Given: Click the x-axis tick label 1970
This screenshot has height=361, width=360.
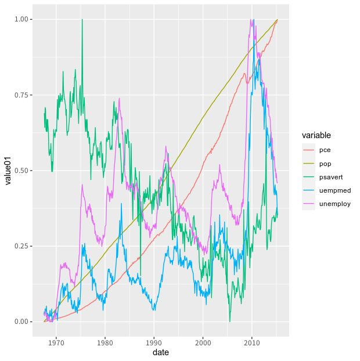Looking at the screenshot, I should [56, 342].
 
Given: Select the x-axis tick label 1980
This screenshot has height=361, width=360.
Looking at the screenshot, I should [105, 342].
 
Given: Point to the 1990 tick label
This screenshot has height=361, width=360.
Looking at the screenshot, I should [154, 342].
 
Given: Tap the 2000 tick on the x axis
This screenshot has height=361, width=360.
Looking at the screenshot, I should [203, 342].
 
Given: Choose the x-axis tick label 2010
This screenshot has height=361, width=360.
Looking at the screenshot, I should [252, 342].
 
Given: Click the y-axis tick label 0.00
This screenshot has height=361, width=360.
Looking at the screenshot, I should [21, 322].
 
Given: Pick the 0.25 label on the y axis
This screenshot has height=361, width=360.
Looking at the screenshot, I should [21, 246].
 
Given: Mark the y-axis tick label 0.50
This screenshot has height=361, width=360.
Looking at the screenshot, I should [21, 171].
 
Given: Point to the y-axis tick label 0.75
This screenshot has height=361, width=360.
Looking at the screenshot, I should [21, 95].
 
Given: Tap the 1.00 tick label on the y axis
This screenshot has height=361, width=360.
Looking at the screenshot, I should [21, 20].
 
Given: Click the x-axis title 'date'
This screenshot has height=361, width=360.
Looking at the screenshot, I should [161, 352].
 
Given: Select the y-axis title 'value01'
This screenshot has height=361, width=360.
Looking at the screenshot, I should [8, 171].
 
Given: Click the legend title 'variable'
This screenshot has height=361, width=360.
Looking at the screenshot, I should [316, 135].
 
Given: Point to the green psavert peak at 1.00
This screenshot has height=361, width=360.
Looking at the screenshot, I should [82, 20].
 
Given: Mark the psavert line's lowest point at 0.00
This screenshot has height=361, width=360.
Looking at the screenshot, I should [230, 321].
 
